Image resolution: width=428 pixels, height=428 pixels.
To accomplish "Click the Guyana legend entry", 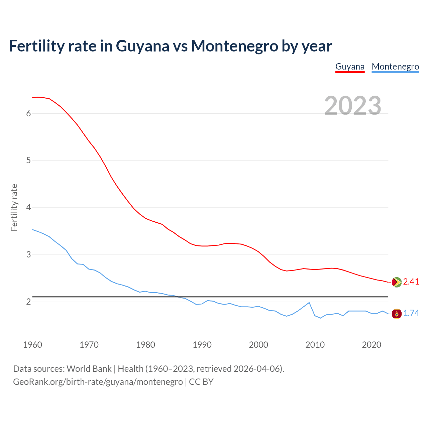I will (x=350, y=67).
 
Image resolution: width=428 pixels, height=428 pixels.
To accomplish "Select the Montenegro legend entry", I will (x=395, y=67).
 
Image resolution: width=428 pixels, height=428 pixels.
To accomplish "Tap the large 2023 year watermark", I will (x=353, y=106).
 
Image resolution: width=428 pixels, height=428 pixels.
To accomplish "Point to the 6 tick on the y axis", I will (x=28, y=113).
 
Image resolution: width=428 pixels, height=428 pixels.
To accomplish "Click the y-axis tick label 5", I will (x=28, y=160).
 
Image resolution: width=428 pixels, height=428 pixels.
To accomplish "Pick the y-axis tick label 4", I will (x=28, y=208).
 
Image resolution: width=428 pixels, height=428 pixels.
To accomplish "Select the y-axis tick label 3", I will (x=28, y=255).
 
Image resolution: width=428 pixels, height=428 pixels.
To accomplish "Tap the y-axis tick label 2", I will (x=28, y=302).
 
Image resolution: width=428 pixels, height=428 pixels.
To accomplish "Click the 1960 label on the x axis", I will (x=32, y=345).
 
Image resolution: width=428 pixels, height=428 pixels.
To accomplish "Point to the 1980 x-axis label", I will (x=145, y=345).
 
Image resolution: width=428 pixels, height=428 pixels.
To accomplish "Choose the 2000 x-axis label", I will (x=258, y=345).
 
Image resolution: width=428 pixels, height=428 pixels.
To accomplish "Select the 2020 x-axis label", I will (x=371, y=345).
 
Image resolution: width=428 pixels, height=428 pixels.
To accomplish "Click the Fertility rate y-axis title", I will (x=14, y=207).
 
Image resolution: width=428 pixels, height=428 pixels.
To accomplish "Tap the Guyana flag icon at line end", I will (x=397, y=282).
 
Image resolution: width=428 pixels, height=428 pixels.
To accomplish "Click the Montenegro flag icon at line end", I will (x=397, y=314).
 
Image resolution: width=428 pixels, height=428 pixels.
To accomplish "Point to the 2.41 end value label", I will (x=411, y=282).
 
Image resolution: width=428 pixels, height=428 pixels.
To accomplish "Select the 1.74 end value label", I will (x=411, y=313).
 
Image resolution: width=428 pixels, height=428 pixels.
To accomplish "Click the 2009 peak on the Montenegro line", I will (x=309, y=303).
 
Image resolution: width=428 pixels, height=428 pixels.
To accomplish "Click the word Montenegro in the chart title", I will (x=234, y=46).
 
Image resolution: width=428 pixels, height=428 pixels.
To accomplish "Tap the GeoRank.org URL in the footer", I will (x=98, y=382).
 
